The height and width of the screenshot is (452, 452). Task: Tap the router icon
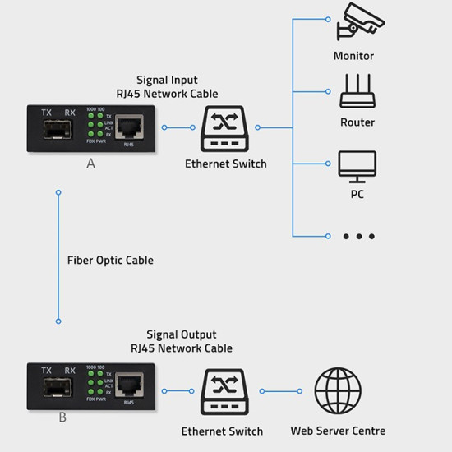click(357, 91)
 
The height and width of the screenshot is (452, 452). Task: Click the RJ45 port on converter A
click(128, 127)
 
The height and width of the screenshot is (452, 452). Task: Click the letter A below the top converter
click(90, 164)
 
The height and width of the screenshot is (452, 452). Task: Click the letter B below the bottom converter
click(62, 418)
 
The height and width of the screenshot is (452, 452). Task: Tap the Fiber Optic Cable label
click(110, 260)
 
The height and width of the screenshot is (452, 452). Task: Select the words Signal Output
click(182, 335)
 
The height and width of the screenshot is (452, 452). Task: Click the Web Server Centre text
click(338, 431)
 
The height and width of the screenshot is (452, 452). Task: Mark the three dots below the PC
click(358, 237)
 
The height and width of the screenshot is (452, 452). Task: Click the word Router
click(357, 122)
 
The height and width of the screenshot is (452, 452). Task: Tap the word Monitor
click(353, 57)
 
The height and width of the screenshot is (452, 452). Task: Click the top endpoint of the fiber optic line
click(58, 192)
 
